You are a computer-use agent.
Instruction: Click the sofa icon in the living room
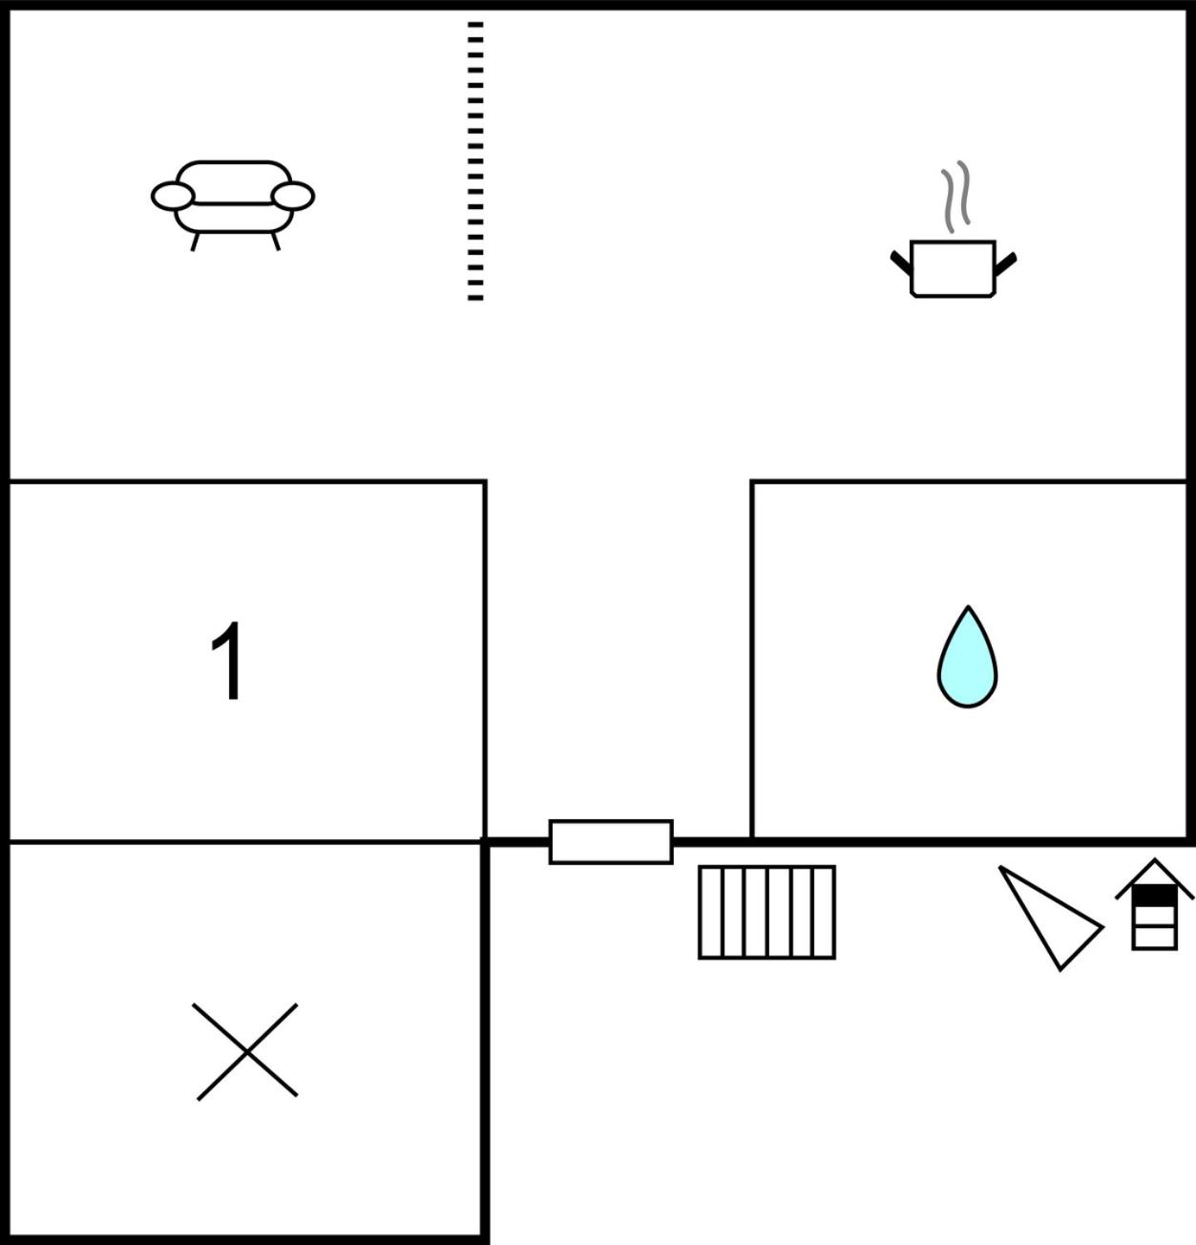coord(233,204)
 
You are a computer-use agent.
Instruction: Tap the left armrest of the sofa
coord(173,196)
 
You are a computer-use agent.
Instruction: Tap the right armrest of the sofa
coord(293,196)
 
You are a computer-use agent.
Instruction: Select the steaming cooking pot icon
coord(953,230)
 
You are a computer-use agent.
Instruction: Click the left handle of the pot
coord(901,263)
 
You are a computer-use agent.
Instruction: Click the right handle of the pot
coord(1006,264)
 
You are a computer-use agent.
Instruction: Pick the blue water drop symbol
coord(968,657)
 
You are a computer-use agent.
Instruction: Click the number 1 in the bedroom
coord(226,660)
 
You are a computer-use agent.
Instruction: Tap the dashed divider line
coord(475,161)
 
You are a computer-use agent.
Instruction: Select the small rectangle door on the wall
coord(611,841)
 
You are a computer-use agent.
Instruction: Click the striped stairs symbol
coord(766,912)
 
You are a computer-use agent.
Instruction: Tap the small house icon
coord(1154,904)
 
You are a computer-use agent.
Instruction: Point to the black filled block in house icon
coord(1154,896)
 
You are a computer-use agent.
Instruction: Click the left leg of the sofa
coord(195,242)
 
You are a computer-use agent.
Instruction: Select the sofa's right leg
coord(276,242)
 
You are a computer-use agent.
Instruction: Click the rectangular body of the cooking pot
coord(953,268)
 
